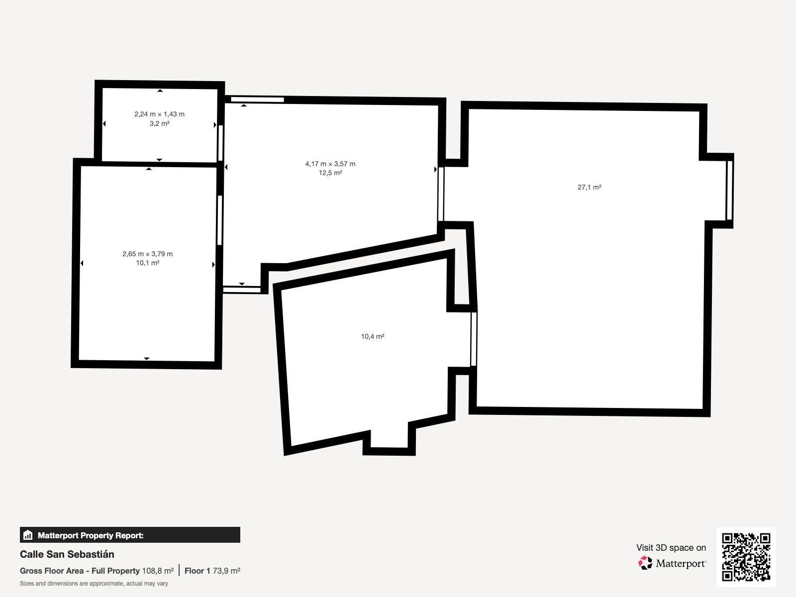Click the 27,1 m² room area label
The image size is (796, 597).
coord(590,187)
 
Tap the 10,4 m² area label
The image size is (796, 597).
coord(373,336)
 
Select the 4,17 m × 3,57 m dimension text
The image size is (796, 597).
coord(330,164)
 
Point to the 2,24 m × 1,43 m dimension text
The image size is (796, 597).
coord(159,114)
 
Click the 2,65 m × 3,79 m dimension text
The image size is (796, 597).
coord(147,254)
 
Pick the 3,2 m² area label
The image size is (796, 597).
coord(160,123)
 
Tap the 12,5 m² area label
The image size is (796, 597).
coord(330,173)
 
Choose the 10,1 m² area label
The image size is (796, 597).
coord(148,263)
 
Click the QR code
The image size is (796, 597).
coord(746,557)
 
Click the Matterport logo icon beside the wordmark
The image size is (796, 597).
coord(645,563)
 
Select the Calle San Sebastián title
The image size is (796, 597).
coord(67,554)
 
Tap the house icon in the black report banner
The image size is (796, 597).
coord(28,535)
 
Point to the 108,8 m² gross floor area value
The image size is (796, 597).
coord(158,571)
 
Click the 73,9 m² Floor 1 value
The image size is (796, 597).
coord(226,571)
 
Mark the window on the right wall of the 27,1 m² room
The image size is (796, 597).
coord(729,191)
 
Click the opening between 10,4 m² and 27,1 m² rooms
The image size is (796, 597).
coord(474,339)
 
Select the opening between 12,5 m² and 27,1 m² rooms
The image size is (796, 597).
coord(441,194)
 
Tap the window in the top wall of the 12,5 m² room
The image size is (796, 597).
coord(258,99)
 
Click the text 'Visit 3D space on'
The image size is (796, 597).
coord(671,548)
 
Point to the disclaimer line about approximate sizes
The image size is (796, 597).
coord(94,584)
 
